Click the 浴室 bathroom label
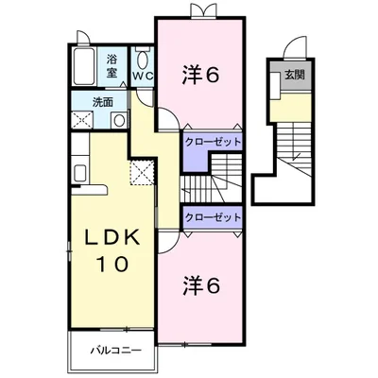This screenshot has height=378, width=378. coord(112,66)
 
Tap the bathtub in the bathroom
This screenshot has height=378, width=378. coord(84,66)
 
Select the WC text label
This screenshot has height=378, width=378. coord(143,76)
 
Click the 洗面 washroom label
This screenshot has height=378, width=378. coord(103,102)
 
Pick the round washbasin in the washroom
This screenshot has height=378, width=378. coord(119,120)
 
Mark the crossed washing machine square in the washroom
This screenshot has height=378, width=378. coord(82,120)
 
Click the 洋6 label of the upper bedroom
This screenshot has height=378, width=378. coord(200,75)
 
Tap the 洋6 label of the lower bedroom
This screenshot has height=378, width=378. coord(200,285)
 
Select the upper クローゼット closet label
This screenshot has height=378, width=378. coord(213,142)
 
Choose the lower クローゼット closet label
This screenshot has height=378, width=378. coord(213,217)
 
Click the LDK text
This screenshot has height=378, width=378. coord(112,237)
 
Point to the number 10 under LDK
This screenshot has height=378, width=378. coord(112,264)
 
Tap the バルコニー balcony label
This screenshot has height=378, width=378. coord(116,350)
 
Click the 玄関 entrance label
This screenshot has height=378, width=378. coord(295,75)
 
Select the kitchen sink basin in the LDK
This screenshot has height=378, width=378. coord(80,173)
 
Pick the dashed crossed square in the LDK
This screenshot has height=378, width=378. coord(142,173)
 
